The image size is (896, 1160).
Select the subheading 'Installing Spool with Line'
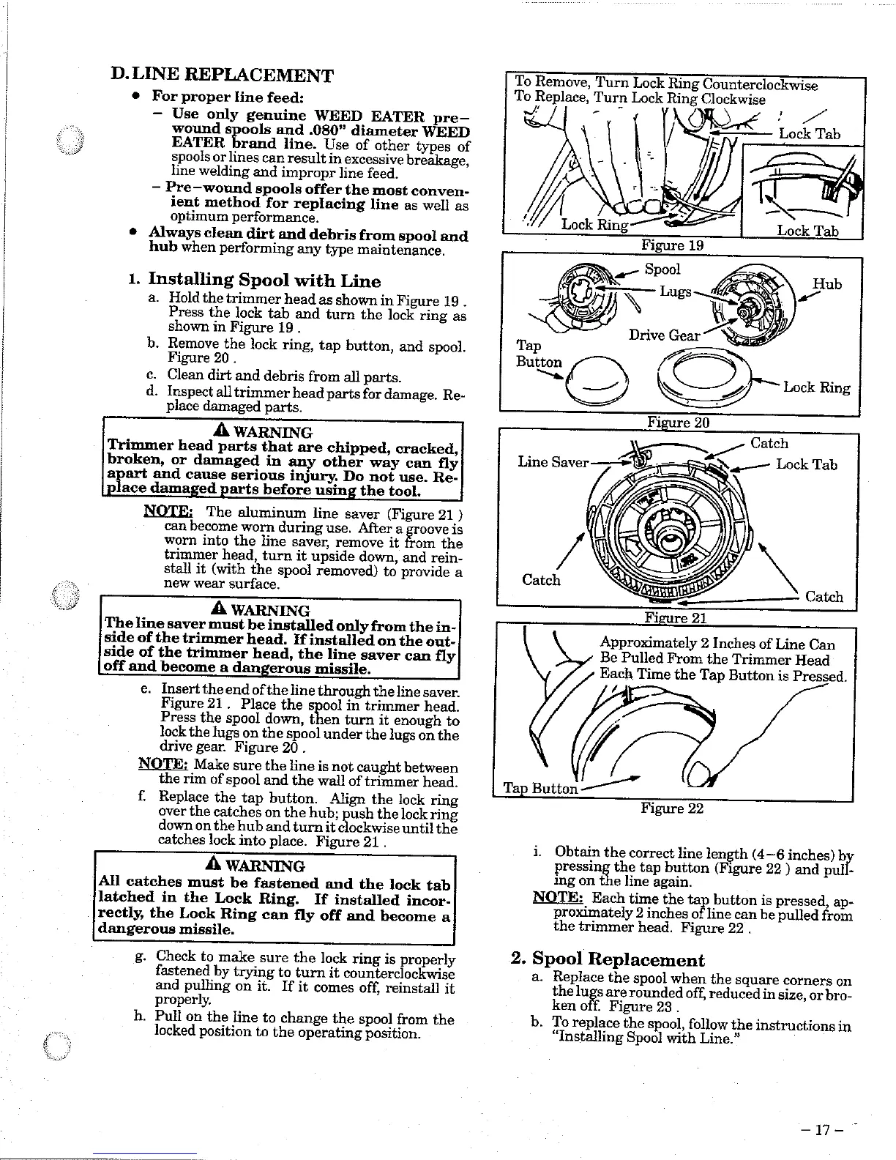264,280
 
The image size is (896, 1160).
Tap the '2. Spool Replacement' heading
607,959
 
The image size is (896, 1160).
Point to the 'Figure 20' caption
678,423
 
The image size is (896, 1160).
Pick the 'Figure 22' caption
671,808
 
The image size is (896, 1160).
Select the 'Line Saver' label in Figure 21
553,462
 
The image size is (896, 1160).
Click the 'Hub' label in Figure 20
827,285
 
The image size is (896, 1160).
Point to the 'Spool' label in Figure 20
662,269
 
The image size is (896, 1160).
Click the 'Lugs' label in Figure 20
675,291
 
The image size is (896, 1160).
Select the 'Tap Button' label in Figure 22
540,788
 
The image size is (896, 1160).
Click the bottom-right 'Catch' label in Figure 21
824,597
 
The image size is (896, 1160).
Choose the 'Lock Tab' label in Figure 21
806,464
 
